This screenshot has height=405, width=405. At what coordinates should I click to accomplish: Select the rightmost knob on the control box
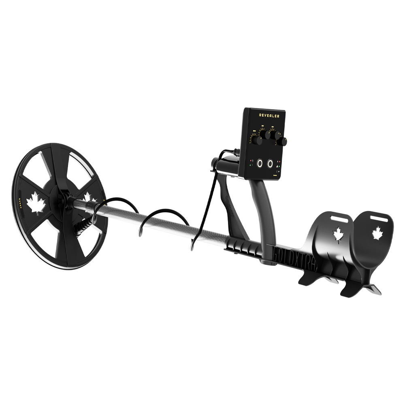283,141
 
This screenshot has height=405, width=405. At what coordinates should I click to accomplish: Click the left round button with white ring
259,164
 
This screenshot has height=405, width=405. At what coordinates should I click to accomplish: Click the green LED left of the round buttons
251,165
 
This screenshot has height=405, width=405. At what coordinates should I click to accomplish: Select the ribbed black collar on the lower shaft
243,245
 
